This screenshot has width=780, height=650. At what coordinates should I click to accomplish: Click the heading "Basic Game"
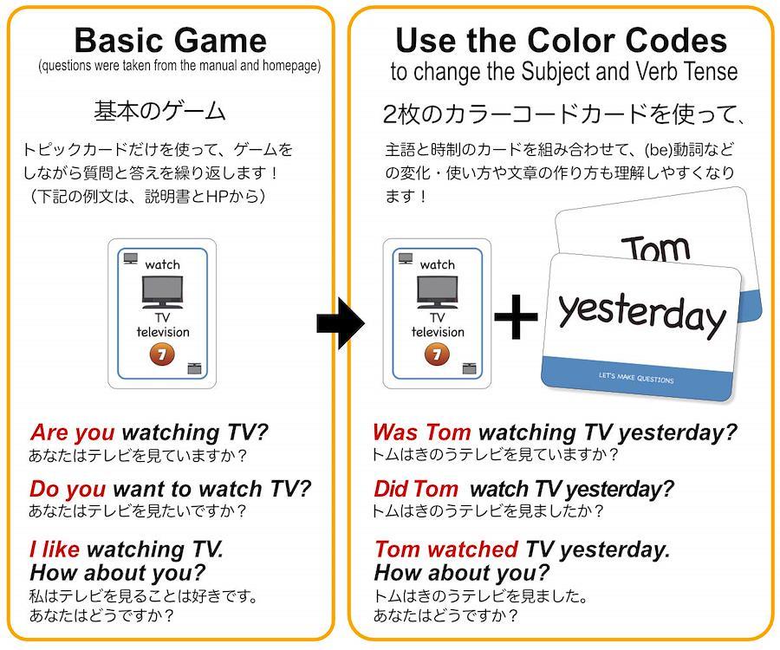(x=171, y=40)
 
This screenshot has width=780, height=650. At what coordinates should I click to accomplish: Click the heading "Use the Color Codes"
(x=561, y=40)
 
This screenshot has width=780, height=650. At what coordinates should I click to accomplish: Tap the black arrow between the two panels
(x=341, y=323)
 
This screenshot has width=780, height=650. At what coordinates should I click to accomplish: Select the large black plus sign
(x=516, y=316)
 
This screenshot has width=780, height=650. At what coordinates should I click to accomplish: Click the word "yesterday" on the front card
(x=641, y=315)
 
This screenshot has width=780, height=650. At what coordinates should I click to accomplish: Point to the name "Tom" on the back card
(x=656, y=248)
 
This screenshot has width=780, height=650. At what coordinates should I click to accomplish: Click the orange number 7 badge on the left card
(x=162, y=354)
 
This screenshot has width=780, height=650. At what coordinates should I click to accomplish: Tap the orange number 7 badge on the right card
(x=437, y=354)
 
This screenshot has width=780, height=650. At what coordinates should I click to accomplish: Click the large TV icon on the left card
(x=162, y=292)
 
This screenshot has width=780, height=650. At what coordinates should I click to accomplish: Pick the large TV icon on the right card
(x=438, y=292)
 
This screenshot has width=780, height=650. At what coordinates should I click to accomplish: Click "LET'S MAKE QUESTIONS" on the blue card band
(x=636, y=378)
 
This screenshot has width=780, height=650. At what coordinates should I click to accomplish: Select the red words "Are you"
(x=73, y=432)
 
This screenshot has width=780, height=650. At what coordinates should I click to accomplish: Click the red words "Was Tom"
(x=422, y=432)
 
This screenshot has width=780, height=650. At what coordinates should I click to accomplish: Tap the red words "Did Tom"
(x=416, y=489)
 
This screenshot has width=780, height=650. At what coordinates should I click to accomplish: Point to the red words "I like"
(x=55, y=549)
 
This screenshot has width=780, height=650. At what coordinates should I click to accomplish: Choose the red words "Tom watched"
(x=446, y=549)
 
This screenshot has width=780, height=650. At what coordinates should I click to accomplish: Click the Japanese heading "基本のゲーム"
(x=159, y=111)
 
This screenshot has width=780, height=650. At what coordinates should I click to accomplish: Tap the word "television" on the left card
(x=163, y=332)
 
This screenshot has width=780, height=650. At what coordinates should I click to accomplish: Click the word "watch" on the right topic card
(x=438, y=264)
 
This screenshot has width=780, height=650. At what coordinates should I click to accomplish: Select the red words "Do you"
(x=68, y=490)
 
